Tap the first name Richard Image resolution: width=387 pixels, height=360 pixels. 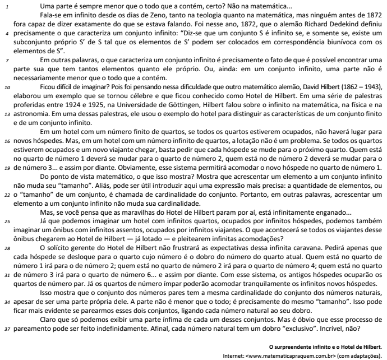tap(300, 24)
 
